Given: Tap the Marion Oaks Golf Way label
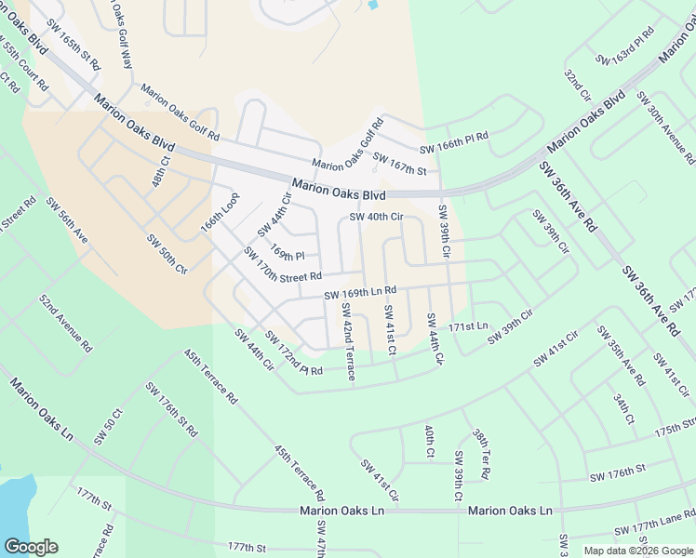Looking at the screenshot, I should point(119,32).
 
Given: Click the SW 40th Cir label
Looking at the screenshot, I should point(376,218).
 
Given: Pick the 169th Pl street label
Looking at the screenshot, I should point(288,252).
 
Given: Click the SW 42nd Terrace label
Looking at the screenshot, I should point(347,341).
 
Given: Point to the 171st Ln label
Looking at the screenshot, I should point(468,326).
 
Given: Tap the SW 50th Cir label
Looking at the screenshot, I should point(167,254).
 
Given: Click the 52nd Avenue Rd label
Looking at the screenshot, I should point(66,323).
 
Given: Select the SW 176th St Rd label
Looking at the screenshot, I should point(172,409).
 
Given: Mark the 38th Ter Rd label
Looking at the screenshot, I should point(481,454).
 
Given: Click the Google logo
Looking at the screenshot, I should point(31,547).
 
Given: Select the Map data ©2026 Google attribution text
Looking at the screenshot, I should point(638,551).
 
